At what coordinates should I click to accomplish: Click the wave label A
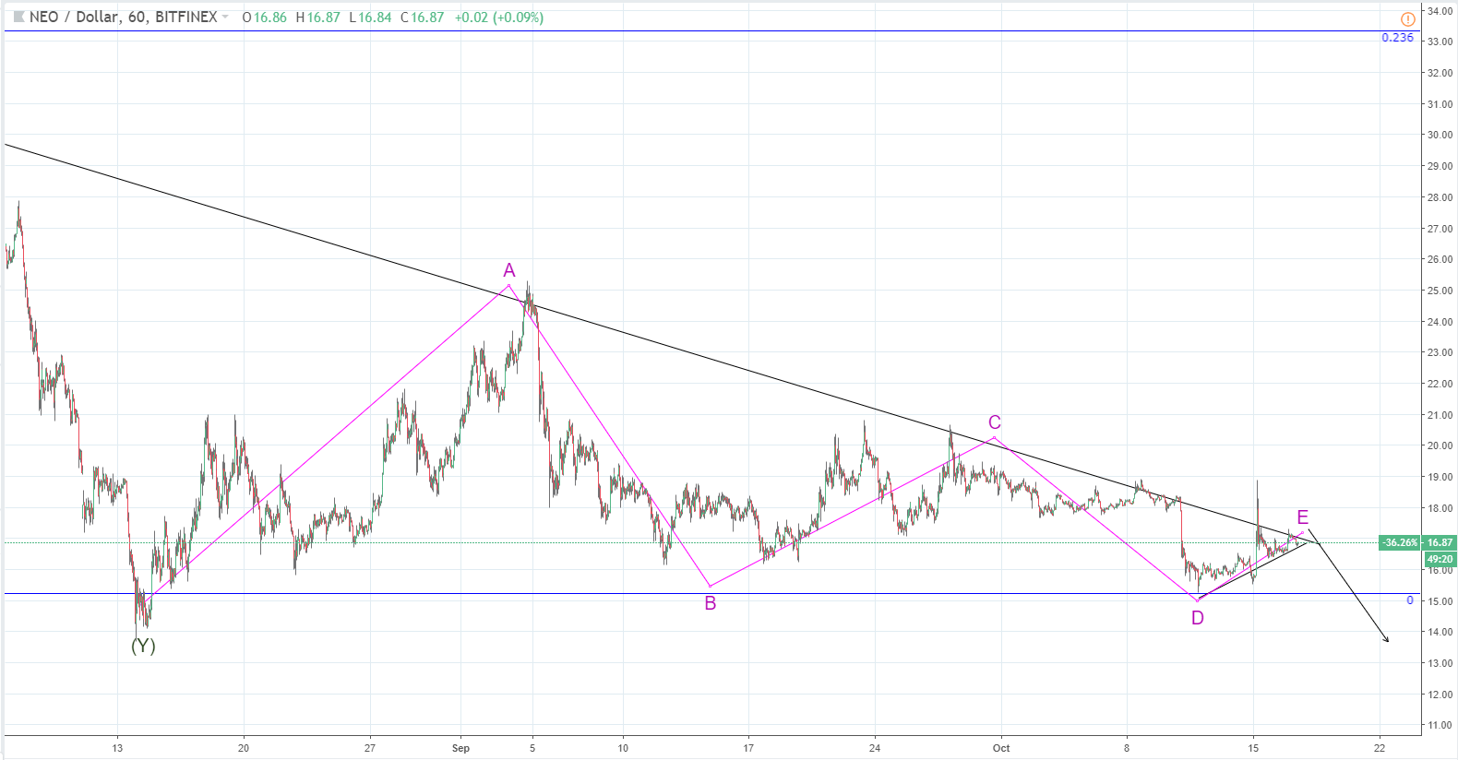click(x=509, y=270)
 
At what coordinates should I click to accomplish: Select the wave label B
click(x=711, y=603)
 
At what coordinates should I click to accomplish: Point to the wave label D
click(x=1198, y=618)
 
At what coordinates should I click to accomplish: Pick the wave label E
click(x=1302, y=517)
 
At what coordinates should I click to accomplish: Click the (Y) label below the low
click(x=143, y=646)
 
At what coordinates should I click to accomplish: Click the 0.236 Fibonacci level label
click(x=1397, y=38)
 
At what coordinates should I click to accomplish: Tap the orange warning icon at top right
click(x=1407, y=18)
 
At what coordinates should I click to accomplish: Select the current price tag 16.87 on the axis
click(x=1440, y=542)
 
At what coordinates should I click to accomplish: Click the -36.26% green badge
click(x=1400, y=542)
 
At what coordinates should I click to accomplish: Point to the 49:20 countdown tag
click(x=1440, y=559)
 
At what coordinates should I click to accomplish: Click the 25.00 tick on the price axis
click(x=1440, y=291)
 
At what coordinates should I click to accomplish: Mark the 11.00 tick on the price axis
click(x=1440, y=725)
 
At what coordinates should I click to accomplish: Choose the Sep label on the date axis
click(x=460, y=748)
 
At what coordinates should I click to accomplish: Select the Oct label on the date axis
click(x=1001, y=748)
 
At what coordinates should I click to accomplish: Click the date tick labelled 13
click(x=117, y=748)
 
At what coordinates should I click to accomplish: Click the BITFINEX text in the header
click(x=186, y=17)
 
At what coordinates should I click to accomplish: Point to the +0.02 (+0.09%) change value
click(x=498, y=18)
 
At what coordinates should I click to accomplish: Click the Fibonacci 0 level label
click(x=1410, y=600)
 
